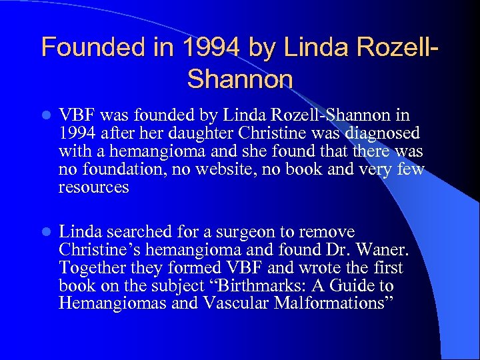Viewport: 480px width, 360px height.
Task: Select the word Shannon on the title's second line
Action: click(240, 79)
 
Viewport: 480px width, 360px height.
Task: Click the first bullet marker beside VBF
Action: click(44, 115)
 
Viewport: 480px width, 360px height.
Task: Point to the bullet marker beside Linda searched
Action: click(44, 233)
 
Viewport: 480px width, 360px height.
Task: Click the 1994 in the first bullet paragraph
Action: click(75, 133)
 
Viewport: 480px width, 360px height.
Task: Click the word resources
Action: click(93, 187)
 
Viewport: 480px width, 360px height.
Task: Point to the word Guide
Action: click(353, 286)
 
